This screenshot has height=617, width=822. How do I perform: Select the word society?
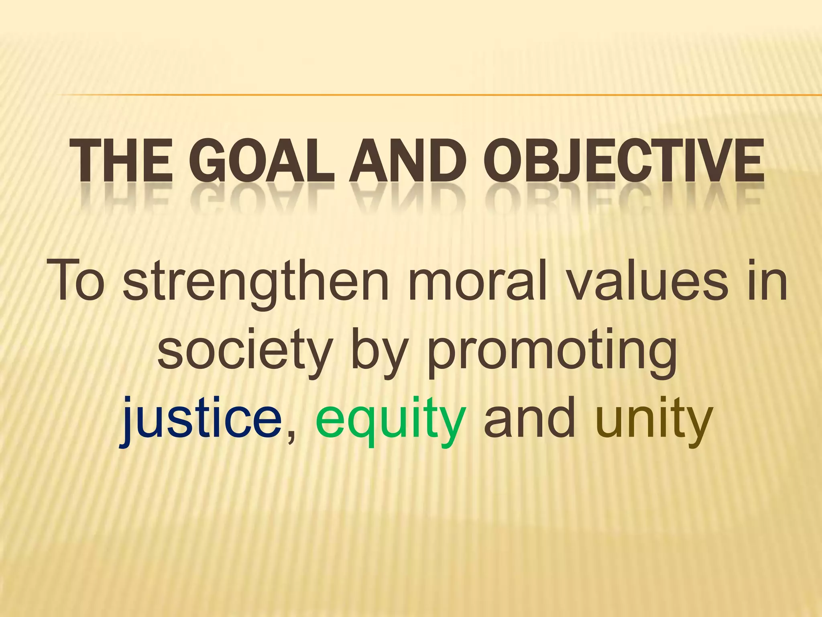(x=245, y=351)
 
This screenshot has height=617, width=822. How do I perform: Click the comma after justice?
(x=291, y=436)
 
